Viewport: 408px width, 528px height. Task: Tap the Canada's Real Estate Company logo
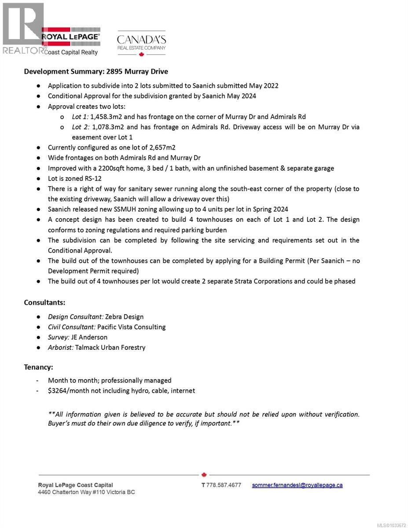[141, 43]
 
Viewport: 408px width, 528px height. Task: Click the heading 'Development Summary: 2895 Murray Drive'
[96, 71]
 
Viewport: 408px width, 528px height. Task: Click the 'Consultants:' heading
[44, 302]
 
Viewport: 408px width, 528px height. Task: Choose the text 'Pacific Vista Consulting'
[131, 327]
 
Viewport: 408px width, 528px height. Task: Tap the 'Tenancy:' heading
[38, 367]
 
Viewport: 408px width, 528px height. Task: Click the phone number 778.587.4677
[224, 485]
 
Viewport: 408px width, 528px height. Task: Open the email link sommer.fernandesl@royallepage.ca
[297, 485]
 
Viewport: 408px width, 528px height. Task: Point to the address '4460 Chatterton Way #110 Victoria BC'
[87, 492]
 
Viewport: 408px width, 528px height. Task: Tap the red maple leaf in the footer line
[204, 475]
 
